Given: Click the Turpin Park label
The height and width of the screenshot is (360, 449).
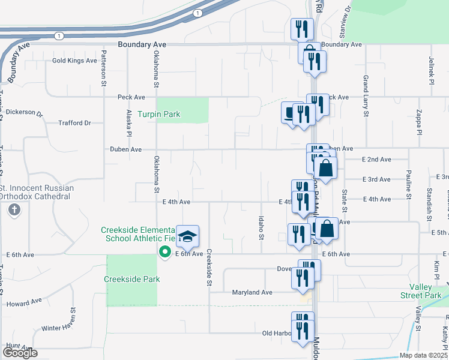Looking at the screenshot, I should coord(158,114).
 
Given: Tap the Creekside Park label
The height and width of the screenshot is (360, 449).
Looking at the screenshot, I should coord(131,279).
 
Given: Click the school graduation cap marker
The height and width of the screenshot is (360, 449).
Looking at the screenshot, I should coord(188,238).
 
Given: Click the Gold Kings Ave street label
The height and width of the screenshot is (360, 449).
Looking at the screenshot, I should coord(74,61).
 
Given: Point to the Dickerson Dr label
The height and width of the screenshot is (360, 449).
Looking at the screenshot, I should coord(25,112).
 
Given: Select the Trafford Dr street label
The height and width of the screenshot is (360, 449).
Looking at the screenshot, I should coord(74,123).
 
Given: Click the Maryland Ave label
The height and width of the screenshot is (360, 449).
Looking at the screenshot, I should coord(252,292).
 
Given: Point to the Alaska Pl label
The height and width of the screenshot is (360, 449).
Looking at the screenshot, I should coord(128,122).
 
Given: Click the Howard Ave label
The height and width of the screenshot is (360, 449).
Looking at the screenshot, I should coord(25,302).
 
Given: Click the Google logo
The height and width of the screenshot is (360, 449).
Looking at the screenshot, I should coord(20,352).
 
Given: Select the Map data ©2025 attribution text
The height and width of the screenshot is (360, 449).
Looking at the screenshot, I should coord(422,355).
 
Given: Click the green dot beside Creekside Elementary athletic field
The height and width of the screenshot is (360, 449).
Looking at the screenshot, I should coord(163,252).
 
